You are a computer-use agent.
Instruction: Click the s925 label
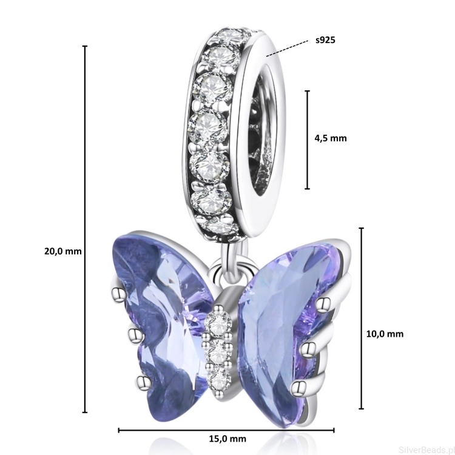tap(325, 40)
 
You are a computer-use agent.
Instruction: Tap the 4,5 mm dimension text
tap(331, 138)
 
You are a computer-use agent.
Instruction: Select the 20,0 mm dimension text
tap(63, 251)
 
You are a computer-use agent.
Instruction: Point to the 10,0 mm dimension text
tap(385, 334)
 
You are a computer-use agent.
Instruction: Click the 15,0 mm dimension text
tap(227, 439)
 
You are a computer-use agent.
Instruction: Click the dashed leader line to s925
tap(287, 49)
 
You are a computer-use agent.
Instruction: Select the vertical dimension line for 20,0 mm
tap(85, 229)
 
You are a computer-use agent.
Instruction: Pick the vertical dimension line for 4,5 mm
tap(308, 140)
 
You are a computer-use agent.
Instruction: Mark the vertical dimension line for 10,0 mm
tap(362, 318)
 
